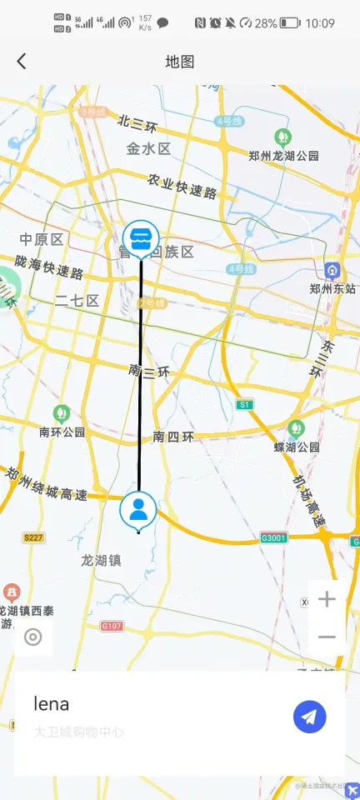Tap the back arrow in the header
tap(22, 61)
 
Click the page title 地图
tap(180, 62)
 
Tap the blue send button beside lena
tap(309, 717)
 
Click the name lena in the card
tap(52, 703)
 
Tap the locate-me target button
tap(33, 637)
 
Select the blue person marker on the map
tap(139, 510)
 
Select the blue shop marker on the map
tap(140, 238)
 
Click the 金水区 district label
tap(148, 149)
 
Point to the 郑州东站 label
tap(332, 288)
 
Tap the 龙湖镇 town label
tap(101, 560)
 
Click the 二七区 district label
tap(77, 301)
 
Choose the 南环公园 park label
tap(62, 432)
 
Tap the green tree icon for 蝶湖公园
tap(296, 428)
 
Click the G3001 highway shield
tap(273, 537)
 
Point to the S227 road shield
tap(33, 538)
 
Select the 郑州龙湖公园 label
tap(283, 155)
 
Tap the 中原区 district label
tap(42, 240)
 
